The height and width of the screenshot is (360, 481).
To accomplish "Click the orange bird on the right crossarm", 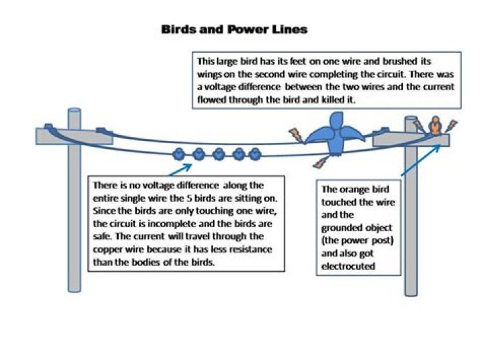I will coord(435,125).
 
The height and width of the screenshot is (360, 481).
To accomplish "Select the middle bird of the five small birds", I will coord(218,154).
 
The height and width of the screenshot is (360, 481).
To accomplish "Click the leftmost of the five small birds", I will coord(179,154).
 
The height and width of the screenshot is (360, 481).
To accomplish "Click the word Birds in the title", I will coord(179,29).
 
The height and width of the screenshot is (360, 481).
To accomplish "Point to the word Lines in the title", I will coord(291,29).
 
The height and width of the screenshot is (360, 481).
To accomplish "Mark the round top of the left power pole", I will coord(74,112).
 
